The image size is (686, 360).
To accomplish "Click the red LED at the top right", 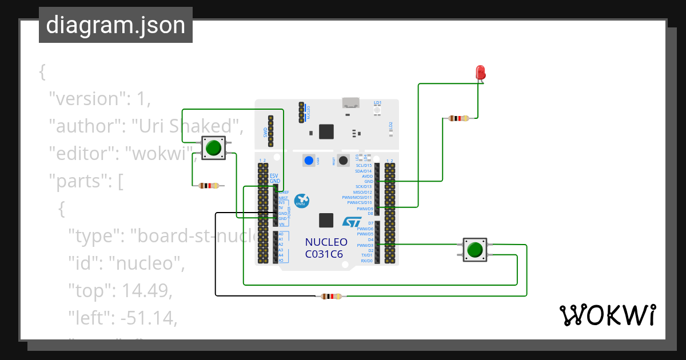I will [481, 73].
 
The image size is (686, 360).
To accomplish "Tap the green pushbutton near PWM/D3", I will [474, 250].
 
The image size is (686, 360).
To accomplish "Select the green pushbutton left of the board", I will [213, 148].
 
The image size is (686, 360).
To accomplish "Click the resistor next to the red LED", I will [458, 118].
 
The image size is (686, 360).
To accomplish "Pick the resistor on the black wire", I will [331, 296].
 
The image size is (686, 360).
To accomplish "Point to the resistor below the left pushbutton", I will [209, 185].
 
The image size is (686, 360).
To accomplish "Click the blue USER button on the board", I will [309, 161].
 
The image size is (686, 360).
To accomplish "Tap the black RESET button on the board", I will [343, 161].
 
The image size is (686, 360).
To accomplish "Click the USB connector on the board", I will [351, 103].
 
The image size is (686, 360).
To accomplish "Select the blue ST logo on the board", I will [352, 222].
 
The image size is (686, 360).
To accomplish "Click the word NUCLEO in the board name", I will [326, 242].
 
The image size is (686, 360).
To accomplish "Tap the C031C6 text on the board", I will [324, 254].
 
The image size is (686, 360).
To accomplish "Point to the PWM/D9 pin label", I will [364, 209].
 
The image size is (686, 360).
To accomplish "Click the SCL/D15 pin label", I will [363, 166].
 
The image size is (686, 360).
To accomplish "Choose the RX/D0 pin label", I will [366, 261].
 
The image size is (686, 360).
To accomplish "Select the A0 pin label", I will [281, 234].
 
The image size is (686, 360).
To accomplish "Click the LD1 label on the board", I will [377, 103].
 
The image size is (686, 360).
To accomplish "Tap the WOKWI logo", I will [607, 315].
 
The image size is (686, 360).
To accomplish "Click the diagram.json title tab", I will [115, 25].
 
